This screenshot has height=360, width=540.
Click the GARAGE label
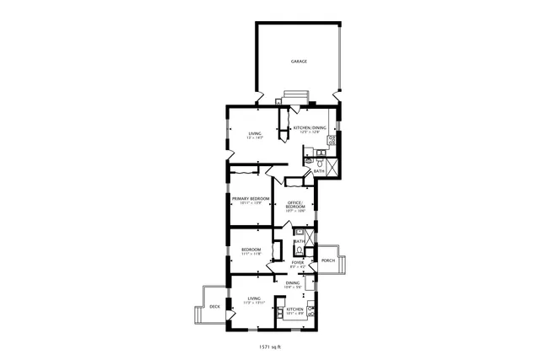pos(299,62)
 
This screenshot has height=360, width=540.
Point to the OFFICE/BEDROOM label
pos(294,204)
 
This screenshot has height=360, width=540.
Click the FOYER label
pos(298,262)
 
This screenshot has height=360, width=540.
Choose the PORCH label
pos(327,261)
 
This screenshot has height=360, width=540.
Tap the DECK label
pos(215,307)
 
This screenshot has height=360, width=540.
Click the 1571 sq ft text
pos(269,346)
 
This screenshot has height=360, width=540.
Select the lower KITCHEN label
pos(294,309)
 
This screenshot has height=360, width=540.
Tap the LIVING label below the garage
pos(254,133)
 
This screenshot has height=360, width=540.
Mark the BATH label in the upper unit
pos(318,171)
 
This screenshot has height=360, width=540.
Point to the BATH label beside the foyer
pos(299,241)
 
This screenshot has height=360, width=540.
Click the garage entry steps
pos(296,94)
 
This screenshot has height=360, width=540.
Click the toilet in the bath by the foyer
pos(299,250)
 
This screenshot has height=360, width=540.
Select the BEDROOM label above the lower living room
pos(251,250)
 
